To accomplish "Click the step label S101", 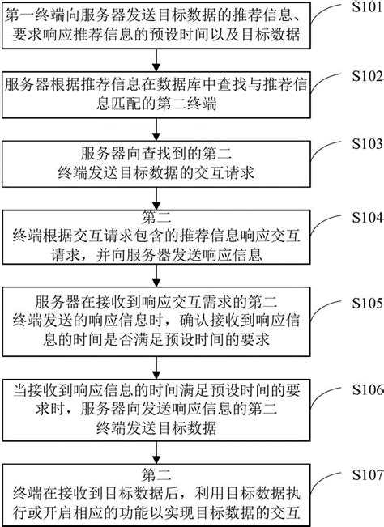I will coord(360,7).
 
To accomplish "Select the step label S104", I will coord(360,219).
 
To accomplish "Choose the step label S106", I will coord(360,386).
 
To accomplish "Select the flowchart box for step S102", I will coord(163,96).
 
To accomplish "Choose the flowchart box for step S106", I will coord(163,406).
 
